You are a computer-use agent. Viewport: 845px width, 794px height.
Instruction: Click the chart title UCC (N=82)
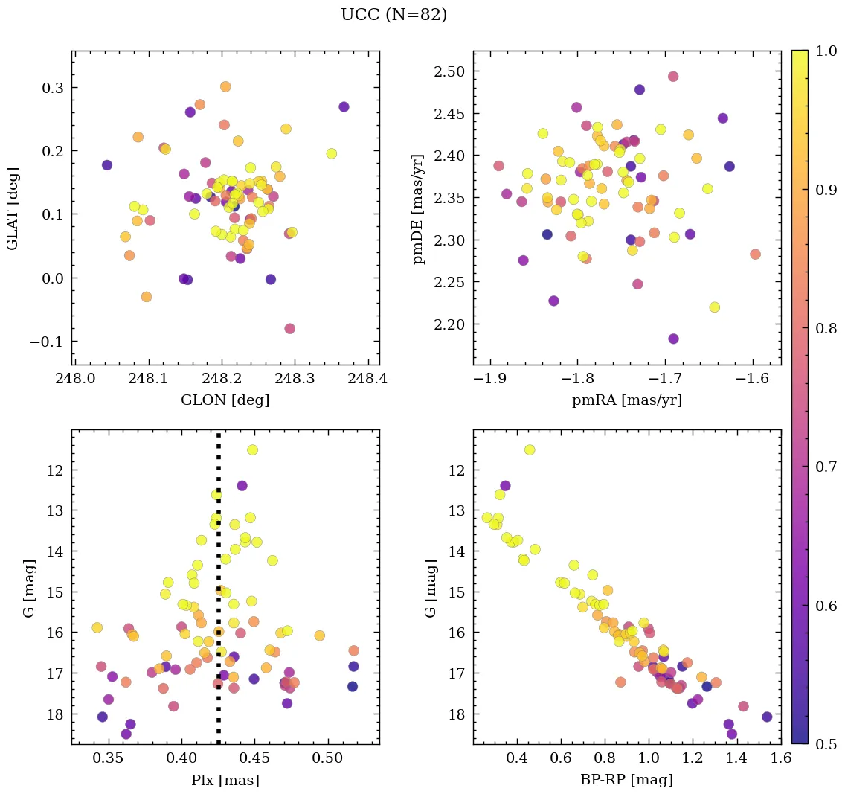pyautogui.click(x=393, y=15)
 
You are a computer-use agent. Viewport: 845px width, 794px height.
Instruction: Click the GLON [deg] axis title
pyautogui.click(x=225, y=400)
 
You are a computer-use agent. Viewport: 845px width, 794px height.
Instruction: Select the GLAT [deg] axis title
pyautogui.click(x=13, y=208)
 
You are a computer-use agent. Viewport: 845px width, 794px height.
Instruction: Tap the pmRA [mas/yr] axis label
pyautogui.click(x=626, y=400)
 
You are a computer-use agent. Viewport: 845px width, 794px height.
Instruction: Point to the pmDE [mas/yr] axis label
pyautogui.click(x=419, y=208)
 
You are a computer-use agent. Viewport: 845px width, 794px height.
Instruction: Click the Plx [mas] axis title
pyautogui.click(x=225, y=780)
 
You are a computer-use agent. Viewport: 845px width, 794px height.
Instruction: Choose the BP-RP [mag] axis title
pyautogui.click(x=626, y=780)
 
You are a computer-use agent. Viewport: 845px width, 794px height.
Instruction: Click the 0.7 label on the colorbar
pyautogui.click(x=823, y=467)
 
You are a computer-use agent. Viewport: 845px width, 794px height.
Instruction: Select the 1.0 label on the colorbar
pyautogui.click(x=823, y=52)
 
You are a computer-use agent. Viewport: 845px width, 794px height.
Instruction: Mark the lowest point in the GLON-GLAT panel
pyautogui.click(x=289, y=328)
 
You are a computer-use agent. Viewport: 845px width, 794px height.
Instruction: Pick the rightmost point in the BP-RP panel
pyautogui.click(x=767, y=717)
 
